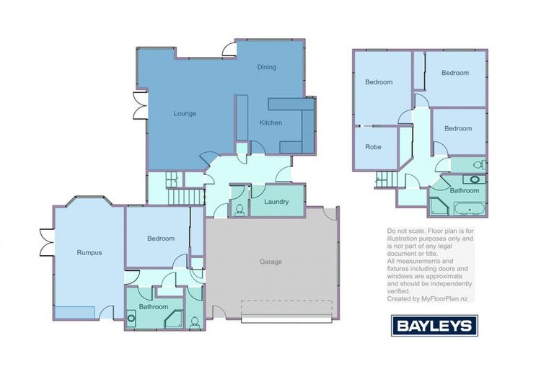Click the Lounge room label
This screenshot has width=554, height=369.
tap(185, 114)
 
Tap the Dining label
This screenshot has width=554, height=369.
tap(267, 67)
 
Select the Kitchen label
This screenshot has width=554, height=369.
tap(271, 123)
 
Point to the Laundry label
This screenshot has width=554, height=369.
tap(276, 202)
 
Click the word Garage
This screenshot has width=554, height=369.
tap(271, 262)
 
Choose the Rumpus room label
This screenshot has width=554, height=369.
tap(89, 252)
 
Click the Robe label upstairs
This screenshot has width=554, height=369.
tap(373, 146)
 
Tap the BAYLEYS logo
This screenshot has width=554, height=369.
tap(434, 325)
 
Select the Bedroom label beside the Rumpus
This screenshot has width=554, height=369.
tap(161, 239)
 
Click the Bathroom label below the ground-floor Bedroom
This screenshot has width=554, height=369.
tap(154, 307)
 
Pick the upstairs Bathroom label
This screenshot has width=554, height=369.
tap(465, 191)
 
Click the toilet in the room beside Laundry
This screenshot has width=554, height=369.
tap(239, 210)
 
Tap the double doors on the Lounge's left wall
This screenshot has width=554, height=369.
tap(136, 106)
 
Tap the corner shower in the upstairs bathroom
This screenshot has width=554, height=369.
tap(439, 207)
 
